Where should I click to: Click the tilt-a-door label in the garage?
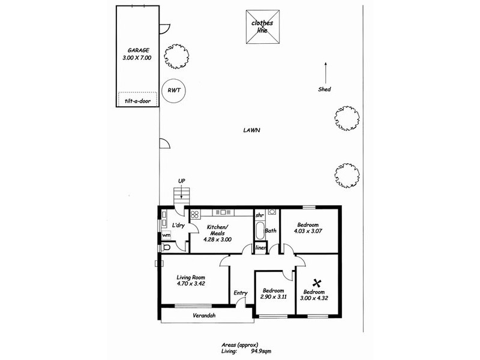point(138,101)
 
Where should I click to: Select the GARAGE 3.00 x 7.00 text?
point(139,55)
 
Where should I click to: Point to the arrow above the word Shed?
point(325,73)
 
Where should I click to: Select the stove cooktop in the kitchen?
point(195,214)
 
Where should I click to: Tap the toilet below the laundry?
point(167,247)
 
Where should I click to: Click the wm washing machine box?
point(166,235)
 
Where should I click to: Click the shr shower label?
point(260,215)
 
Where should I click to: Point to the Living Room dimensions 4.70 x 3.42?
point(191,284)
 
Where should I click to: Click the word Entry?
point(241,293)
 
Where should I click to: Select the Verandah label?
point(204,316)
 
